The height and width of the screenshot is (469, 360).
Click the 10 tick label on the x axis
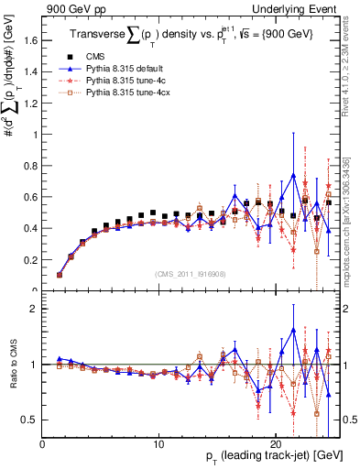tap(159, 444)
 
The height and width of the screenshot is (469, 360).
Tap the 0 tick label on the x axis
tap(43, 444)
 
